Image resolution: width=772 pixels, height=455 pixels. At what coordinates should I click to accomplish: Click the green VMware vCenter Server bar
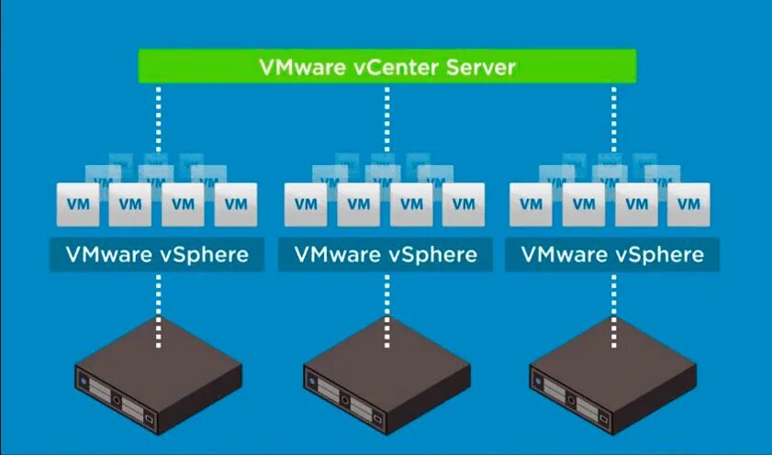(x=386, y=67)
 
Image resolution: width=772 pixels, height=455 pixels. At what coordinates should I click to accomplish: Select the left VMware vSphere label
(x=156, y=254)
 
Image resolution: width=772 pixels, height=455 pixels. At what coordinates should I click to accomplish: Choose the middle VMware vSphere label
(x=386, y=254)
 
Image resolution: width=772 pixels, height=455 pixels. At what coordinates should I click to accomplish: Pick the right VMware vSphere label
(x=612, y=254)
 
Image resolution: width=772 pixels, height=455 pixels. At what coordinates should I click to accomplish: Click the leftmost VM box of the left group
(x=78, y=204)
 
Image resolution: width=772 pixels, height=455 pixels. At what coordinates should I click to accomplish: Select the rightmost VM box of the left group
(x=236, y=204)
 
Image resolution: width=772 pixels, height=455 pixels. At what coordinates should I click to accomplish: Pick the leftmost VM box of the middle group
(x=306, y=204)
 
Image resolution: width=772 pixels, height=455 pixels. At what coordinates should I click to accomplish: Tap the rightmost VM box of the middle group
(x=464, y=204)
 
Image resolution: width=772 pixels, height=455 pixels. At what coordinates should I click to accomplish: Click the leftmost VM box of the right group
(x=531, y=204)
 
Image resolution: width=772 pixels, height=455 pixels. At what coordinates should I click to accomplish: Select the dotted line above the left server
(x=158, y=303)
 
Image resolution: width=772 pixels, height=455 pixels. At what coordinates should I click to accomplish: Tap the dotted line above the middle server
(x=386, y=303)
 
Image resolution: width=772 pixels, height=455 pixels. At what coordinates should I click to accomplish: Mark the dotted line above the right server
(x=613, y=303)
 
